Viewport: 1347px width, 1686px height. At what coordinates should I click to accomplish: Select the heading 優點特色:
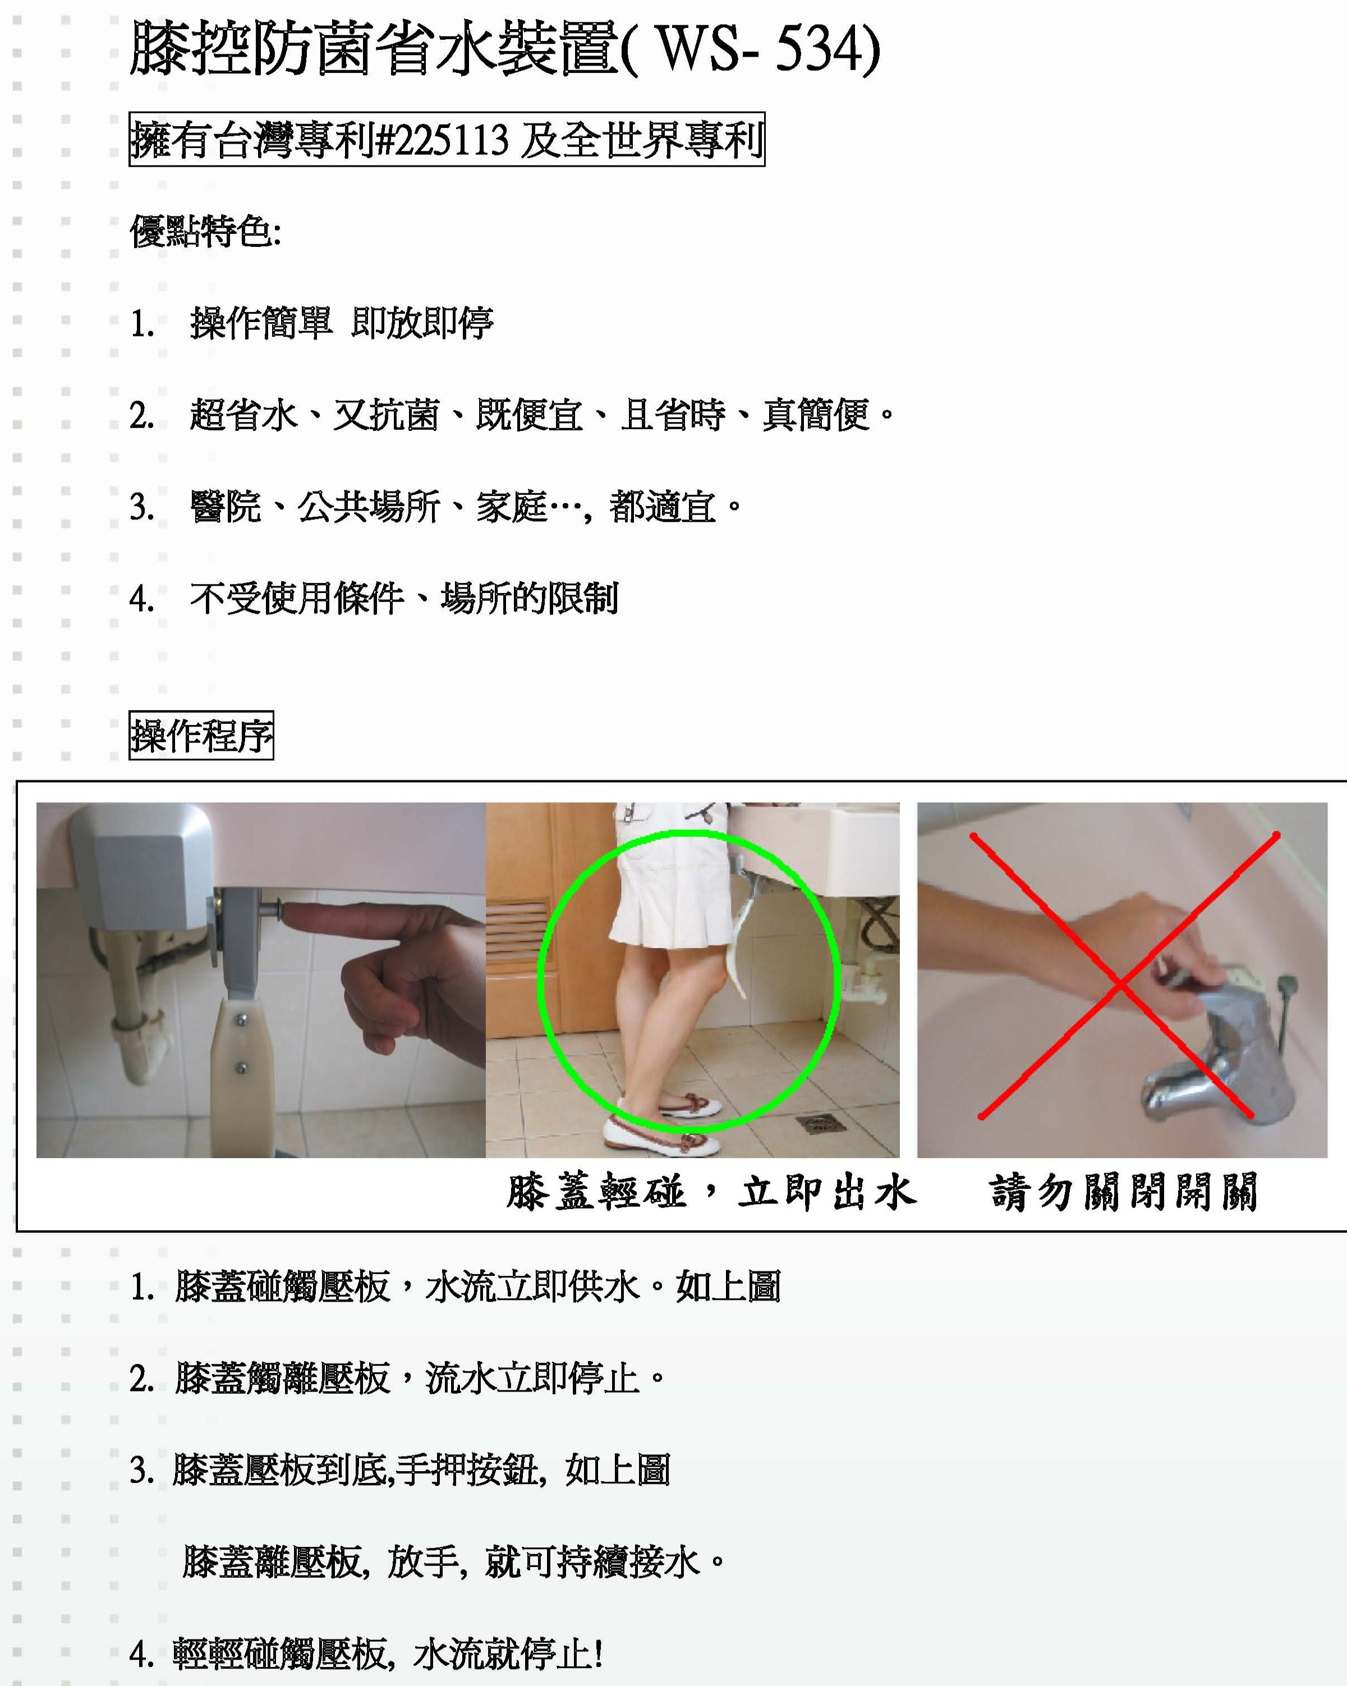pyautogui.click(x=205, y=232)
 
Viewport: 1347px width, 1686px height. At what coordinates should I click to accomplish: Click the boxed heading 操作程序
pyautogui.click(x=201, y=735)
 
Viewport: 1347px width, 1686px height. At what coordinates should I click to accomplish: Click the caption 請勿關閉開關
pyautogui.click(x=1123, y=1192)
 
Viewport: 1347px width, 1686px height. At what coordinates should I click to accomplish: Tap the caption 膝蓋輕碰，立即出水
pyautogui.click(x=711, y=1192)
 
